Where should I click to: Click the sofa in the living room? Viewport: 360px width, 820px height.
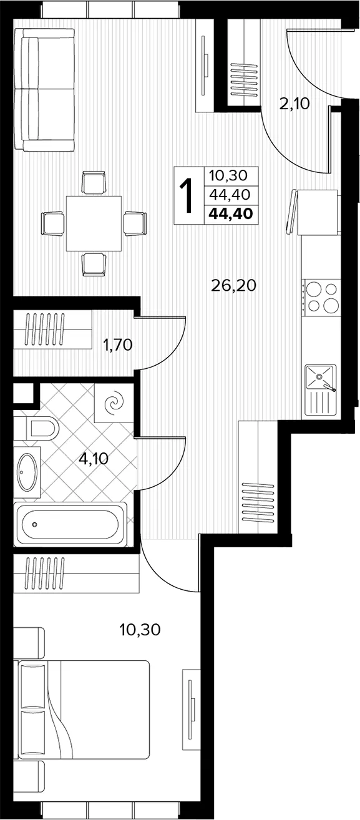(x=45, y=90)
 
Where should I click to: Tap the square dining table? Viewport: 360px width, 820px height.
(x=94, y=223)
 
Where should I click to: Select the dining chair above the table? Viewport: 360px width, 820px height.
(x=94, y=182)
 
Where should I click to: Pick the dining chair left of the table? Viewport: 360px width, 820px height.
(x=53, y=223)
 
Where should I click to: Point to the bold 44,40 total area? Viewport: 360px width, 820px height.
(x=231, y=213)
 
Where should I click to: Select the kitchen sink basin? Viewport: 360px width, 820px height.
(x=319, y=377)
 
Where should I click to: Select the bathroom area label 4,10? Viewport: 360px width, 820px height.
(x=94, y=458)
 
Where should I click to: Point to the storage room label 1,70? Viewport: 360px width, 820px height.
(x=117, y=345)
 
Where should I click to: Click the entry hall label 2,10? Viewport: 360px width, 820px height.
(x=294, y=105)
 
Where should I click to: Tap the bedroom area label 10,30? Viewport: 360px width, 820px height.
(x=140, y=630)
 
